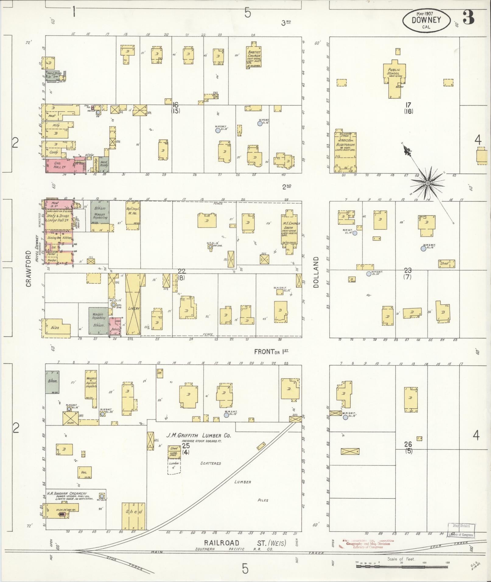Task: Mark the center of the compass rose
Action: pos(427,183)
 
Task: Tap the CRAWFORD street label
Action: pos(29,269)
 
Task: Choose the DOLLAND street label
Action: pos(316,272)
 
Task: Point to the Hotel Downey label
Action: pos(37,249)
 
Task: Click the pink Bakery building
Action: pos(115,326)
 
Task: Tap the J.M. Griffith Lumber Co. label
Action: pos(198,435)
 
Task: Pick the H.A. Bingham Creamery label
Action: pos(67,493)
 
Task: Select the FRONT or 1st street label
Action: pos(271,352)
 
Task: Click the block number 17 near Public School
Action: pos(408,105)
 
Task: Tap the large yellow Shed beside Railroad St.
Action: pos(133,516)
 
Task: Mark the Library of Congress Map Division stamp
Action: pos(461,530)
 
